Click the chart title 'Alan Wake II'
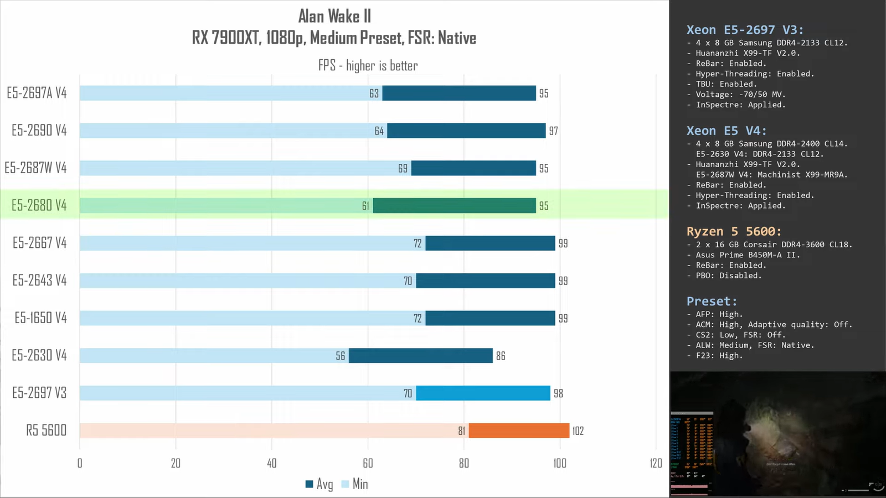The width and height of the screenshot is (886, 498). coord(334,16)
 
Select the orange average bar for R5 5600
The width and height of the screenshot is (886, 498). coord(519,430)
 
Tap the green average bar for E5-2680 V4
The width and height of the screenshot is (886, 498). coord(454,205)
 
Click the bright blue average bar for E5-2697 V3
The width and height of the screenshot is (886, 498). coord(483,393)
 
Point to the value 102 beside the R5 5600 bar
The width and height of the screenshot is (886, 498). coord(578,431)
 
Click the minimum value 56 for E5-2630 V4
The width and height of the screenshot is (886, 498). coord(340,356)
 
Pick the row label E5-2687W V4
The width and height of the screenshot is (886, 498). coord(35,168)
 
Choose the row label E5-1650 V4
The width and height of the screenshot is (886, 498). coord(40,318)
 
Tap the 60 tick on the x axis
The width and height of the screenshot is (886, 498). coord(368,463)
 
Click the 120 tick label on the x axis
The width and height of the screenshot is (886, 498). coord(656,463)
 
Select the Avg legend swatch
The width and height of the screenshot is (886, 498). coord(309,484)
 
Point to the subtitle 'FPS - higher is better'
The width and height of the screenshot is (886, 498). coord(368,65)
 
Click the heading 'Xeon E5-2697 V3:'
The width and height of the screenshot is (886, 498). coord(745,30)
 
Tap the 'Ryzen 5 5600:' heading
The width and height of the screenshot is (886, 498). coord(734,231)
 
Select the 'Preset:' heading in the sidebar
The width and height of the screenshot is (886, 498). coord(712,301)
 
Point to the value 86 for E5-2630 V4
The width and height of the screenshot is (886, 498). coord(501,356)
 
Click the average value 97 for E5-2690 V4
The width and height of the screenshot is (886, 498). coord(553,131)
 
